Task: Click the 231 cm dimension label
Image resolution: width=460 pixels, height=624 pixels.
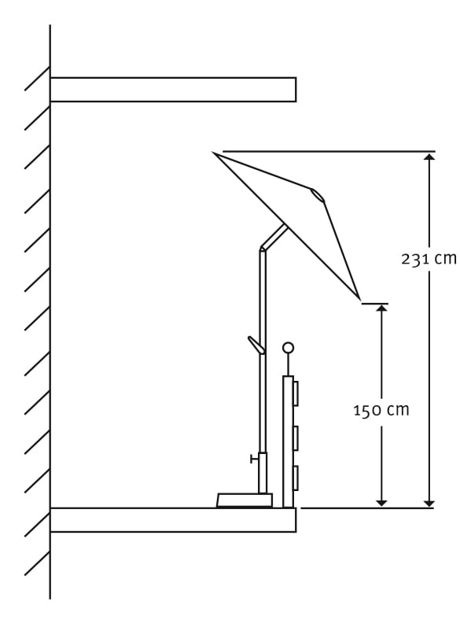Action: [429, 260]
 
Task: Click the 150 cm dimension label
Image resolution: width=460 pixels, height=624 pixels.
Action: [381, 410]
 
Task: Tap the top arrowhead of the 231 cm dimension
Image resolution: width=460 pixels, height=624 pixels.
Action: [429, 156]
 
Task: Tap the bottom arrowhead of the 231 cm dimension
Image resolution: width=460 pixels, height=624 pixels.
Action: [429, 504]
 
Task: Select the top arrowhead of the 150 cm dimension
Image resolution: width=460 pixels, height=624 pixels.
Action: [381, 308]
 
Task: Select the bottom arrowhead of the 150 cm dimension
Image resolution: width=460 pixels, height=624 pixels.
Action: [381, 504]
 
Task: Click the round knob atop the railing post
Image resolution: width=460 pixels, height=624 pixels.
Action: [289, 348]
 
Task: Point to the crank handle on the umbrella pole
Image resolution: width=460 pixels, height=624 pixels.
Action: [256, 345]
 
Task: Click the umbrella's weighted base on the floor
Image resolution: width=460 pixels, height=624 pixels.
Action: [245, 500]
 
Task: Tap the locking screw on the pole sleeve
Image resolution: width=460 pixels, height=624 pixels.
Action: [254, 459]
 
